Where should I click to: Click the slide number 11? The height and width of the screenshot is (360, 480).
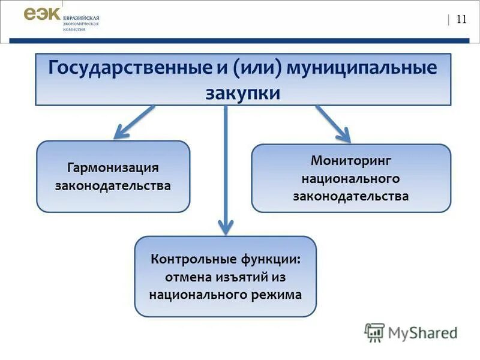coord(461,19)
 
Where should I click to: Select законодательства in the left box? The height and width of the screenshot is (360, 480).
coord(113,186)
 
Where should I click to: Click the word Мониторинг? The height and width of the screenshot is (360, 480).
coord(351,161)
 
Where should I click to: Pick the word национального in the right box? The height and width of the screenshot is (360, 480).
coord(351,179)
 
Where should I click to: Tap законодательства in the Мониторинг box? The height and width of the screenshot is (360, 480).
coord(351,196)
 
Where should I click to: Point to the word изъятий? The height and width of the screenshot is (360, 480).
coord(247,277)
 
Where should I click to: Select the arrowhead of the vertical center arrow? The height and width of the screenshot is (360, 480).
coord(225,227)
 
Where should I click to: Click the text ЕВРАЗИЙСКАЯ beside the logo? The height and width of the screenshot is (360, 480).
coord(81,18)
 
